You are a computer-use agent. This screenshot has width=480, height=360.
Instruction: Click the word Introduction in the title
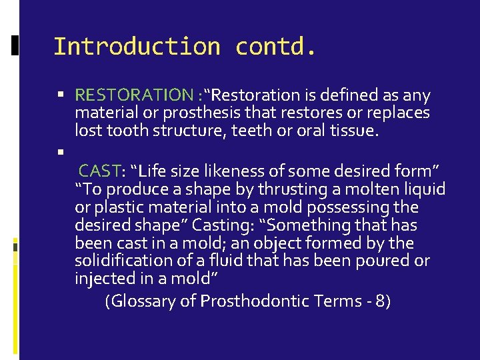pos(137,47)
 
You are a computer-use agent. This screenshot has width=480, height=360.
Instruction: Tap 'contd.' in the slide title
pos(276,47)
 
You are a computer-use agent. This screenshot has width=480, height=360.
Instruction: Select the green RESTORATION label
pos(134,96)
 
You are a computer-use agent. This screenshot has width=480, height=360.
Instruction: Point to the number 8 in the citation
pos(379,301)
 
